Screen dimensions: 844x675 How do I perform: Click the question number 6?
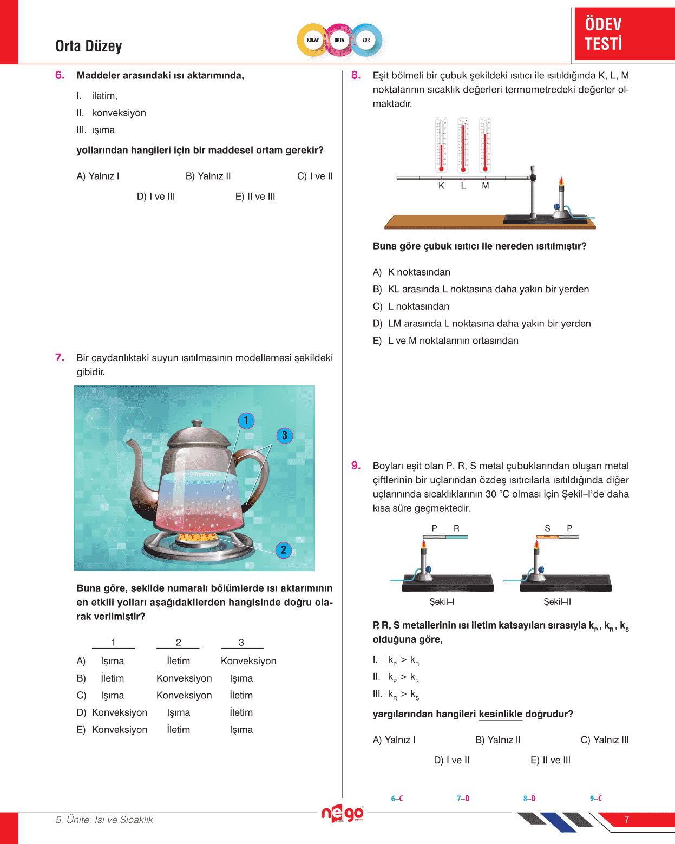coord(60,75)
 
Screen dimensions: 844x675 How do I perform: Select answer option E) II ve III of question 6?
coord(255,197)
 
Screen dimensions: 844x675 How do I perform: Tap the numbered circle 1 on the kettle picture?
coord(246,421)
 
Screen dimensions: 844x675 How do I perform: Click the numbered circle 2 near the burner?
coord(284,550)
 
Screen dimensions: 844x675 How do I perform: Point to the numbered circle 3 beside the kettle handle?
coord(285,436)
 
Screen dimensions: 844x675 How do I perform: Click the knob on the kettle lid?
coord(194,424)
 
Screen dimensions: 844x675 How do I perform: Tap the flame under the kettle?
coord(198,538)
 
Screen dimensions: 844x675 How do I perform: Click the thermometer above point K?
coord(442,145)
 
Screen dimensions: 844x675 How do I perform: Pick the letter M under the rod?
coord(486,186)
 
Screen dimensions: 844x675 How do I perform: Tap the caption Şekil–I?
coord(442,601)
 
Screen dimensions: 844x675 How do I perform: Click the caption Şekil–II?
coord(557,601)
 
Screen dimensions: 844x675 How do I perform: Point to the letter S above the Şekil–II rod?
coord(547,528)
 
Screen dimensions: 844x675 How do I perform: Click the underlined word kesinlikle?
coord(500,714)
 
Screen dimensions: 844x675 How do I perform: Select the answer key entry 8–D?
coord(529,799)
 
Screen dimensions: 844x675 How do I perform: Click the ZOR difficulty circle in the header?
coord(366,40)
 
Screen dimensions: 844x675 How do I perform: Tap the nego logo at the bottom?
coord(343,813)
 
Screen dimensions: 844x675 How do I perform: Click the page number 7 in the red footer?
coord(627,820)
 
